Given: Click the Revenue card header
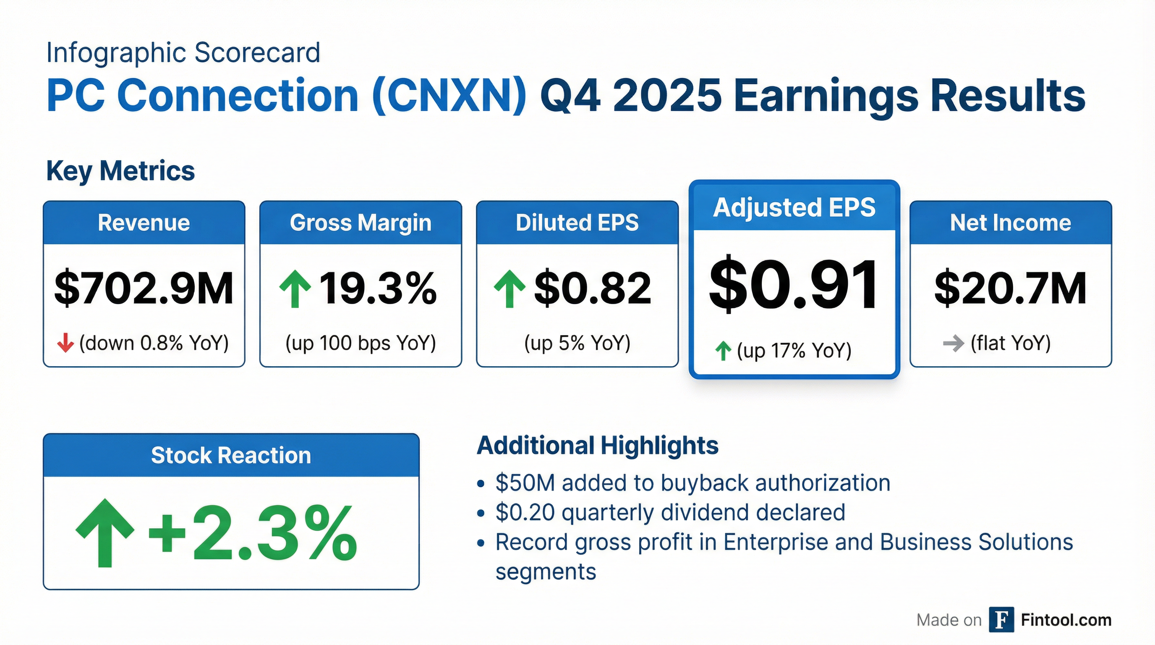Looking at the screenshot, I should tap(144, 223).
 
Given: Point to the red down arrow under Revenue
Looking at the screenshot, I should tap(65, 343).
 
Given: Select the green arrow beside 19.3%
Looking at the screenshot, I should tap(295, 288).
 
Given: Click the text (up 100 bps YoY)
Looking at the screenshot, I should tap(361, 343).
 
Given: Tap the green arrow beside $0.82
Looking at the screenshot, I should tap(510, 288).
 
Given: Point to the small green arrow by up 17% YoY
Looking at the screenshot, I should tap(723, 351).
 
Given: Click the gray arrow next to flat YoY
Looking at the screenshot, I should tap(953, 343).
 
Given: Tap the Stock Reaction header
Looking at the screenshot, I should tap(231, 455).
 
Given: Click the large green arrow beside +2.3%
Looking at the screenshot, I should tap(105, 533).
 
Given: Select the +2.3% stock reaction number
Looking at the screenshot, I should tap(252, 533).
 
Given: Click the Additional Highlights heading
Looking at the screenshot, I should tap(598, 446).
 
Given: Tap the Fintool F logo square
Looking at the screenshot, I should tap(1001, 620).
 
